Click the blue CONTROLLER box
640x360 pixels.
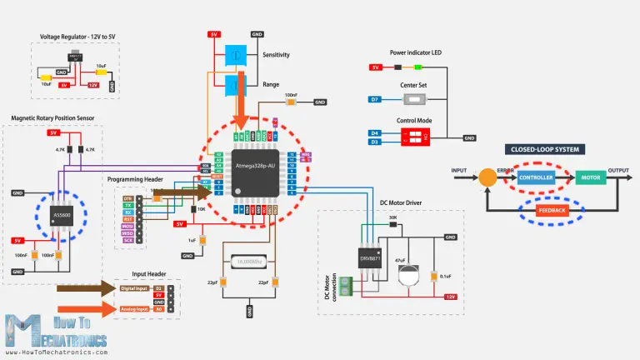[535, 178]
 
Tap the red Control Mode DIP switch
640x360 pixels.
[413, 137]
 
